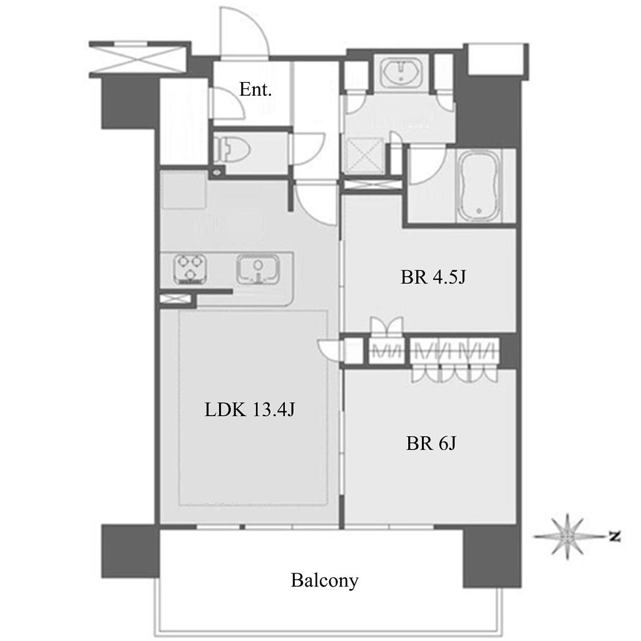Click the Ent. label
(x=255, y=90)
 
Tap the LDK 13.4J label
(x=249, y=409)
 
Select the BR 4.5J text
(x=433, y=277)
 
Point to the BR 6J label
(x=431, y=443)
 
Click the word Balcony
(x=325, y=580)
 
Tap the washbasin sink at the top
(x=401, y=73)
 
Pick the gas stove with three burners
(x=190, y=269)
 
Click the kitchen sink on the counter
(x=259, y=270)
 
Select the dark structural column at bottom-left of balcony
(x=130, y=551)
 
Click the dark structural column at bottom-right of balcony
(x=492, y=556)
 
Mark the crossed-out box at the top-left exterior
(x=140, y=59)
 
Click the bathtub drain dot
(x=479, y=212)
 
